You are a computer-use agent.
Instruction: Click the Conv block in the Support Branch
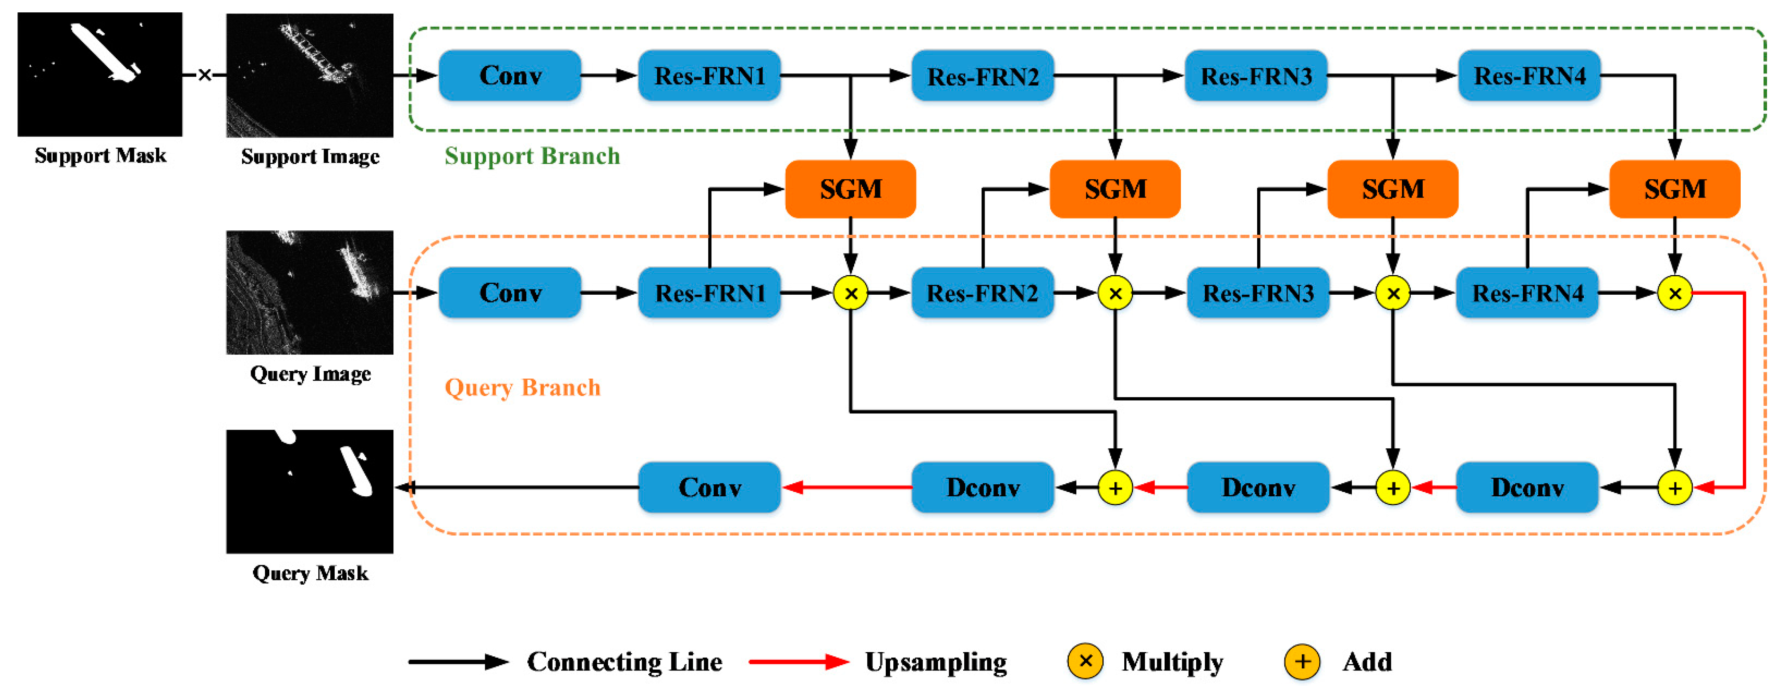pos(509,75)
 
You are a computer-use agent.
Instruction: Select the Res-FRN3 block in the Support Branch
pos(1256,75)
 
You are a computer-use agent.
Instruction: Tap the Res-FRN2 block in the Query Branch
pos(982,293)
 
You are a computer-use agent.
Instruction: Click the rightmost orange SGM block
pos(1674,188)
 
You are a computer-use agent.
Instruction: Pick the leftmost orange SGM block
pos(850,188)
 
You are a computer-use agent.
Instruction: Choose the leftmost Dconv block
pos(982,488)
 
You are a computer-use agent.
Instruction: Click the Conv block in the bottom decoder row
pos(709,488)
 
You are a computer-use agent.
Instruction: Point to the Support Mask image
pos(100,74)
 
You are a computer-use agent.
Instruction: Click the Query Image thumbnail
pos(309,292)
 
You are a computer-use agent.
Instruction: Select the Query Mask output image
pos(309,491)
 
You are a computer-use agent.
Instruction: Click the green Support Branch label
pos(532,156)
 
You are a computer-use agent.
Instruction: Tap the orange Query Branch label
pos(522,388)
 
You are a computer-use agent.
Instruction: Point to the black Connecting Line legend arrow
pos(458,661)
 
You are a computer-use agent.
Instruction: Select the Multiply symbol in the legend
pos(1085,661)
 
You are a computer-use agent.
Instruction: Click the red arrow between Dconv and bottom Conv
pos(846,488)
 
